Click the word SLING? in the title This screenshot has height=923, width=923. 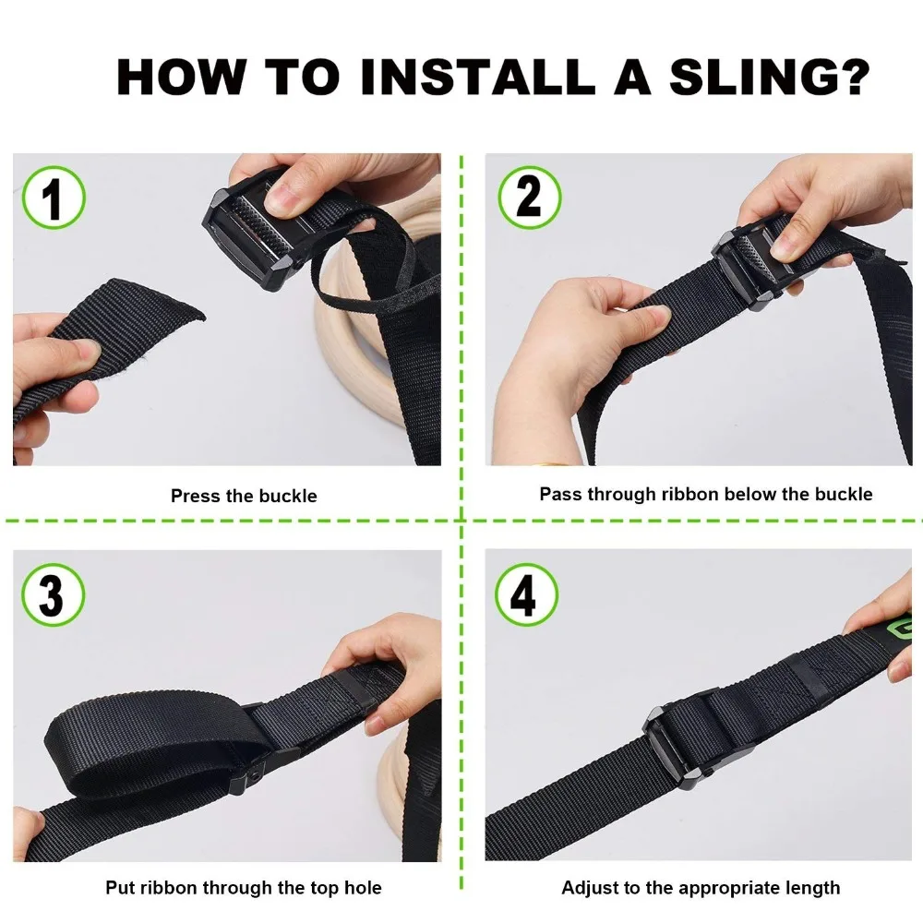pos(770,77)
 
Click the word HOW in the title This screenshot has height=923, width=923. pos(181,77)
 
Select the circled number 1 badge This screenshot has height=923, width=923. pos(54,198)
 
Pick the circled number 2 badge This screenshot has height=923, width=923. pos(529,198)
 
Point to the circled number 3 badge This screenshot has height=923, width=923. pos(53,594)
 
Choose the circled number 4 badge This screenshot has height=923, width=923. pos(526,594)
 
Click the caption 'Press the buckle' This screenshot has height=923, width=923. pos(244,496)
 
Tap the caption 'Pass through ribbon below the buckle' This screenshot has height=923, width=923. pos(706,494)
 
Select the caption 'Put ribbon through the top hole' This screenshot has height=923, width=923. pos(244,887)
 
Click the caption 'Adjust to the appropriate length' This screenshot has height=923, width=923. pos(701,887)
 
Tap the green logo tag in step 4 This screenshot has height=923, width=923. pos(899,629)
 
